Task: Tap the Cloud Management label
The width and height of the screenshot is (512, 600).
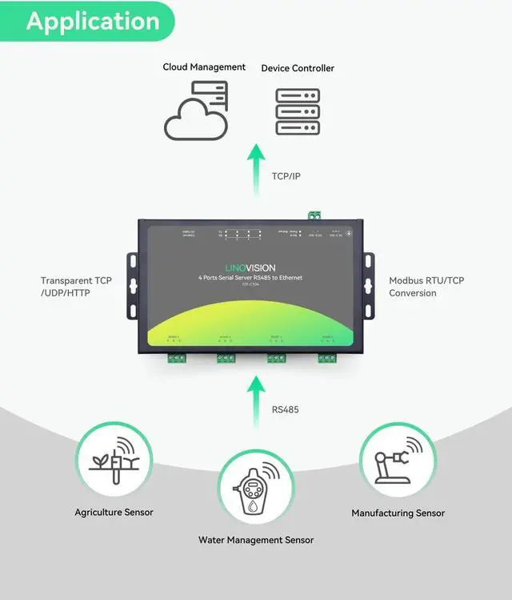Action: click(204, 67)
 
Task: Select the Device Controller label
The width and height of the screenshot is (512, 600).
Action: click(298, 68)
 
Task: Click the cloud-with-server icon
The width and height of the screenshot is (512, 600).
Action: click(197, 111)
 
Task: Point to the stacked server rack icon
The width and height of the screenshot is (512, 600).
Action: click(298, 112)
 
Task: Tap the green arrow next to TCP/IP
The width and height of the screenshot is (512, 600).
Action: click(256, 170)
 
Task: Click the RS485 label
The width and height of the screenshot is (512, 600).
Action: click(286, 409)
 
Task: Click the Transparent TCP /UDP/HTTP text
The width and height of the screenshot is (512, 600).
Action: click(76, 287)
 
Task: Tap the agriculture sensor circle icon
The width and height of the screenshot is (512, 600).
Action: click(114, 460)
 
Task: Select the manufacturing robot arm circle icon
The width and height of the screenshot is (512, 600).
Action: click(398, 461)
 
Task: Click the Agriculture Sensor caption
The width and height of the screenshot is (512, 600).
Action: click(114, 512)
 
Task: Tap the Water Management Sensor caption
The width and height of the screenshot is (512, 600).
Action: click(256, 540)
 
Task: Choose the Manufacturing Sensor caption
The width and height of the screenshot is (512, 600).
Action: click(398, 513)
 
